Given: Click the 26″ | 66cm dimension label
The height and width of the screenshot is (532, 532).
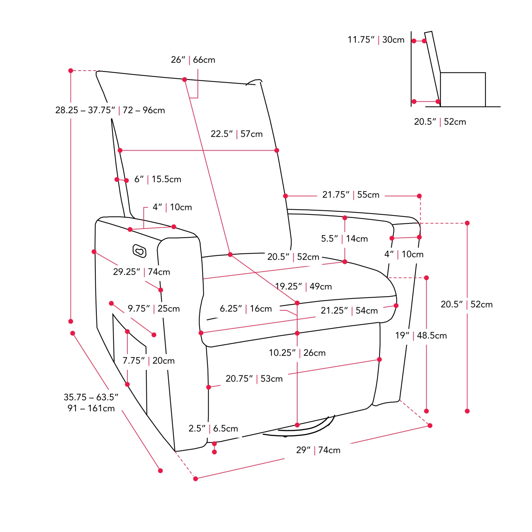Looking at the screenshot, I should pos(193,60).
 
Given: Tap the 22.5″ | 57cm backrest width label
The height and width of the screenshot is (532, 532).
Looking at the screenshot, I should pos(237,134).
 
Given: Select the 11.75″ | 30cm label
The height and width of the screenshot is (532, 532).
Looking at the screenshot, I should pos(376,40).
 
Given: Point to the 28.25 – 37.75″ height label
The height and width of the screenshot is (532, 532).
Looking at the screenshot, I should pos(110,110).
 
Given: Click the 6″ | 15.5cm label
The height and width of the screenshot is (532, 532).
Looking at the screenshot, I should pos(158,179).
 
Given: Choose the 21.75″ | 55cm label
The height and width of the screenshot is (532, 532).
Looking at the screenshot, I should pos(351,195).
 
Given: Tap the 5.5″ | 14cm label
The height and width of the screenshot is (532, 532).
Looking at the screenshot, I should pos(344,239).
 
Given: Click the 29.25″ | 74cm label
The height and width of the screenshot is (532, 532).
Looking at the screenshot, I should pos(142,272).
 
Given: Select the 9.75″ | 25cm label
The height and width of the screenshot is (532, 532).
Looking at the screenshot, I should pos(154,309).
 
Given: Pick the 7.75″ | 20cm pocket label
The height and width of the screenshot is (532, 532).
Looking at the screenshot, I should pos(149,361).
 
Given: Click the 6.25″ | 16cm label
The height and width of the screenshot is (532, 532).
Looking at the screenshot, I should pos(246,309).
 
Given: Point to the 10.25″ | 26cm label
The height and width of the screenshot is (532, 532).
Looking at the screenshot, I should pos(297,353).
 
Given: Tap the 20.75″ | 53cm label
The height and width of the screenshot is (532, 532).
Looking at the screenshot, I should pos(254,379).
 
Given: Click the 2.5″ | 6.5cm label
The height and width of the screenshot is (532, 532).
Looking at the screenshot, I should pos(213,428).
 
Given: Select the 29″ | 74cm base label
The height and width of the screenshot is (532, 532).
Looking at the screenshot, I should pos(318,450).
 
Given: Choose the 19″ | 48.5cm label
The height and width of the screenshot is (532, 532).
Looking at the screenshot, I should pos(421,336).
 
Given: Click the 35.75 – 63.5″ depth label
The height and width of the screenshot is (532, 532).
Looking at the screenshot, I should pos(91,403).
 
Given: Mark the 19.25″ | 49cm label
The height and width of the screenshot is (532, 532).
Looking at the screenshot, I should pos(304,287).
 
